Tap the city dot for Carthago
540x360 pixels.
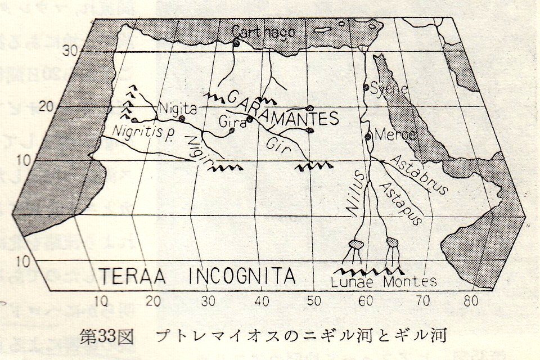(236, 43)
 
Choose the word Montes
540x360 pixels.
(410, 281)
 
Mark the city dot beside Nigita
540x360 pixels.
(181, 119)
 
